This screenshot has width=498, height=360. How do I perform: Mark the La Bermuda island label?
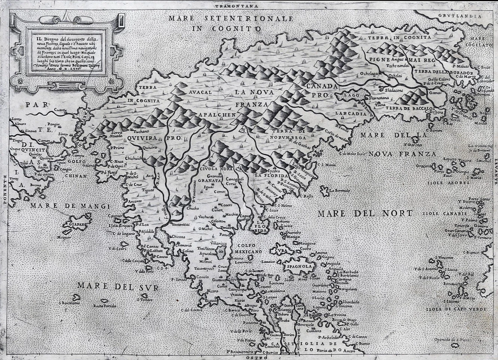click(x=340, y=191)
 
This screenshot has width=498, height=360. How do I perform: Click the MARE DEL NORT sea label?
click(x=365, y=214)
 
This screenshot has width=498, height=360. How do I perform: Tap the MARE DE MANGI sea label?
click(x=70, y=206)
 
